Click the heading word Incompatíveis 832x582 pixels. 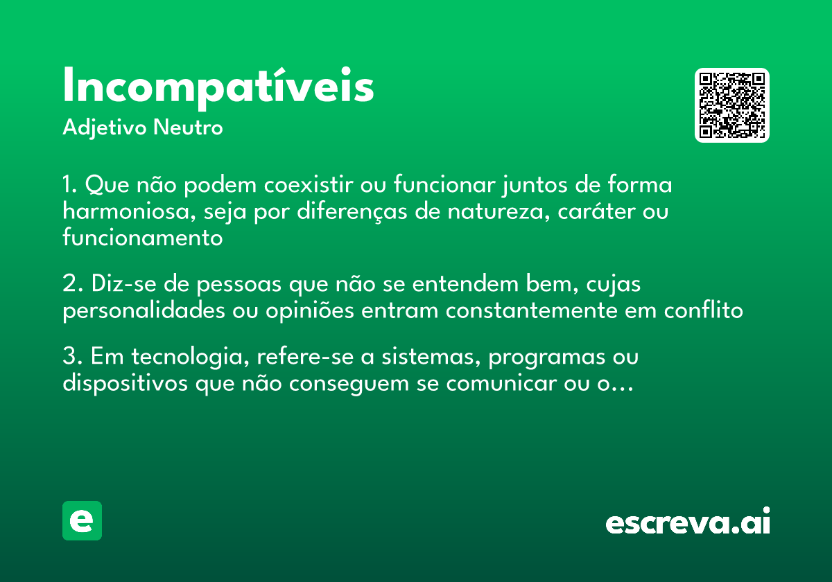tap(218, 87)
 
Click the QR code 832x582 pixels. tap(732, 105)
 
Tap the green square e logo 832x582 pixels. tap(82, 520)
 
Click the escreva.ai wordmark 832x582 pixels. tap(688, 522)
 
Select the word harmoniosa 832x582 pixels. tap(125, 211)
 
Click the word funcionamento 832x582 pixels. tap(142, 238)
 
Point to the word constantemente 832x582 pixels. tap(532, 310)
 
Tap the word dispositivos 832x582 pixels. tap(125, 383)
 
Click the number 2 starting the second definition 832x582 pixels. tap(68, 284)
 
